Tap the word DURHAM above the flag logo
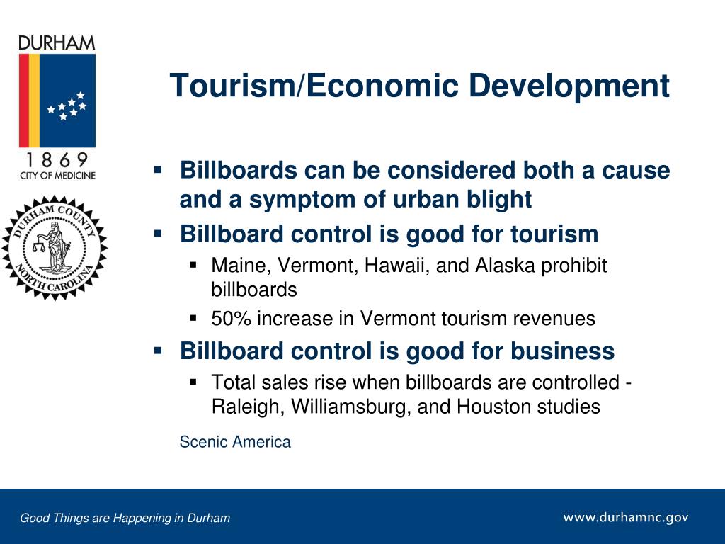[x=57, y=43]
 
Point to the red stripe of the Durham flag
[x=24, y=101]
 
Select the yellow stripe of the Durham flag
[x=34, y=101]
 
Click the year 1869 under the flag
[x=57, y=160]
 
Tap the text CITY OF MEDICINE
[x=57, y=176]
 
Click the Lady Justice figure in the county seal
[x=53, y=247]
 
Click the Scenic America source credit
[x=235, y=442]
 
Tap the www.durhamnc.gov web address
[x=626, y=517]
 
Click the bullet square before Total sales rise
[x=193, y=382]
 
